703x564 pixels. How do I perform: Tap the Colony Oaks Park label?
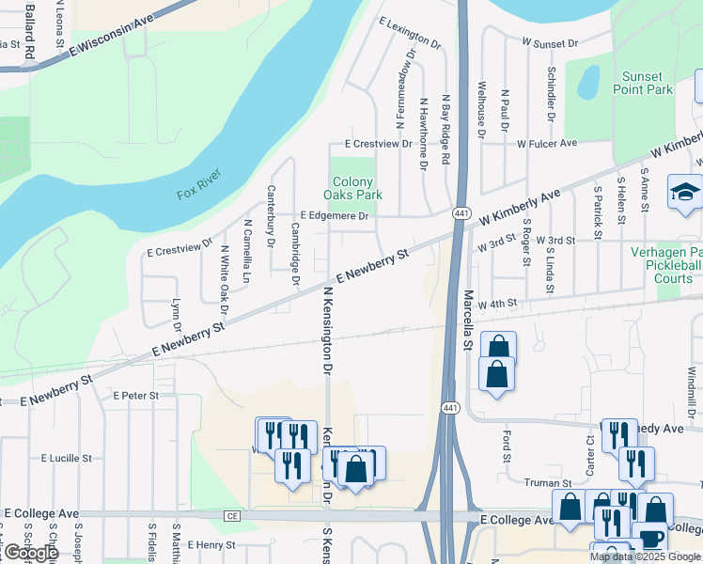tap(352, 188)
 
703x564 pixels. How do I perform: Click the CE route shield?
tap(232, 516)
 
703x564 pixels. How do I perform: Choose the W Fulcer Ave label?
tap(547, 144)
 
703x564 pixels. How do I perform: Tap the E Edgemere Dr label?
tap(334, 215)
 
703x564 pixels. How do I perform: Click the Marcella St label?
tap(467, 320)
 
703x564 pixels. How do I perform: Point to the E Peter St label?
tap(136, 396)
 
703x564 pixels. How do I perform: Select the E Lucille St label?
tap(67, 458)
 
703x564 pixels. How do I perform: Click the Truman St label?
tap(541, 483)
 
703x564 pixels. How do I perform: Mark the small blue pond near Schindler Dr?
tap(588, 82)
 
